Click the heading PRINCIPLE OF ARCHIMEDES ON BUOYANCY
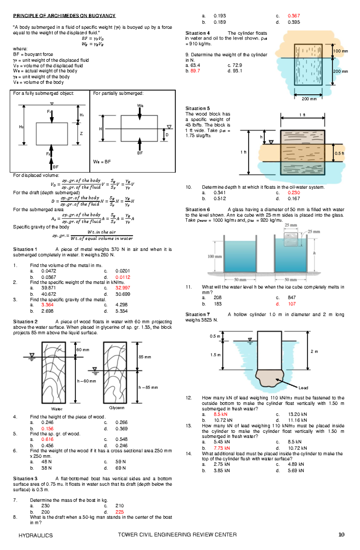[x=64, y=16]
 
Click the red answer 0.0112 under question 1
[x=123, y=277]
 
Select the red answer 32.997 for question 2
[x=123, y=288]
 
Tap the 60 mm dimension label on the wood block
[x=83, y=350]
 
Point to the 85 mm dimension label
[x=145, y=357]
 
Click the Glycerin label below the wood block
[x=117, y=408]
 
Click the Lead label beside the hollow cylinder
[x=303, y=388]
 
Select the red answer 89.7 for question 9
[x=195, y=71]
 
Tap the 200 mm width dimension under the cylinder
[x=309, y=99]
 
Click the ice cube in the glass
[x=291, y=239]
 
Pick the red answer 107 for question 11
[x=292, y=304]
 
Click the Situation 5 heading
[x=197, y=109]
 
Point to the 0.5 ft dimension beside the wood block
[x=339, y=153]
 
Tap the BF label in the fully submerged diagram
[x=56, y=167]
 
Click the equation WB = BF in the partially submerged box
[x=102, y=162]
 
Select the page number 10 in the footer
[x=341, y=535]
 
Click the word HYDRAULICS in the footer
[x=35, y=535]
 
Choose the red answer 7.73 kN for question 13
[x=222, y=448]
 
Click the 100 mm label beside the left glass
[x=215, y=257]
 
